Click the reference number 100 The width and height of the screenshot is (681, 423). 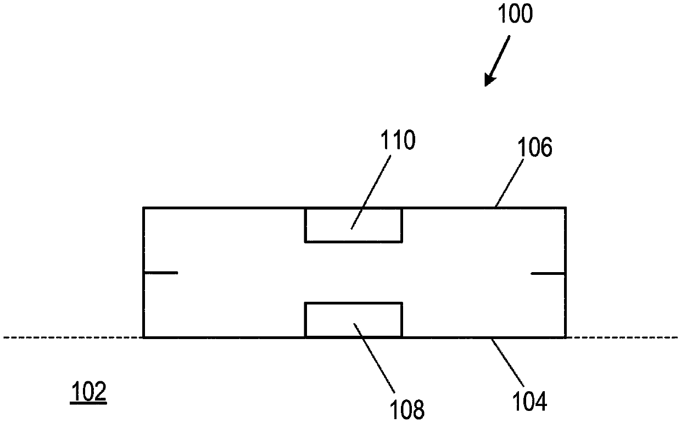515,15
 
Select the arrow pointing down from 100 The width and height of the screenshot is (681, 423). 498,60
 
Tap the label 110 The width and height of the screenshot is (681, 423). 399,142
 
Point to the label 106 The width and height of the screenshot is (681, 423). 534,148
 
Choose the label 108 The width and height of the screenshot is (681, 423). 408,409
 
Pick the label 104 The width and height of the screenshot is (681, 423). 531,402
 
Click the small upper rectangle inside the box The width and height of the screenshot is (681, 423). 354,224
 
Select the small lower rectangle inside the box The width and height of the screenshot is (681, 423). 354,319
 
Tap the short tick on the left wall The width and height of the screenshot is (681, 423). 160,273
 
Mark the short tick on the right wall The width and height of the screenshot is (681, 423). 548,273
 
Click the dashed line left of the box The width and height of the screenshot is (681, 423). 71,337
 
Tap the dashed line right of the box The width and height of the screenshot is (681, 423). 623,337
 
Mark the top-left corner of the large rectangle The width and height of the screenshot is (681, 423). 144,208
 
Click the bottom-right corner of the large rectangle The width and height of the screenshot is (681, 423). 565,337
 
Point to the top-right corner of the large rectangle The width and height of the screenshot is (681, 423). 565,208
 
